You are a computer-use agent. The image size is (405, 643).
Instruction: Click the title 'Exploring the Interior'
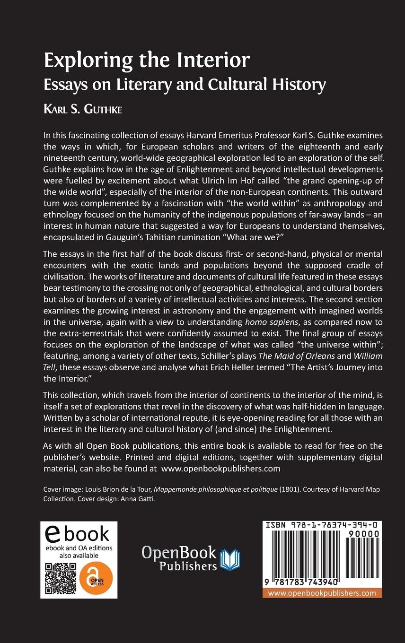[147, 61]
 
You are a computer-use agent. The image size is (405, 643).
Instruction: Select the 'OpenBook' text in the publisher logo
[179, 552]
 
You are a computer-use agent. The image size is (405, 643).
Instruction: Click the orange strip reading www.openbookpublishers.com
[322, 593]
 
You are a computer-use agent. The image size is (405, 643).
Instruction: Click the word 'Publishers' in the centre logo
[188, 565]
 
